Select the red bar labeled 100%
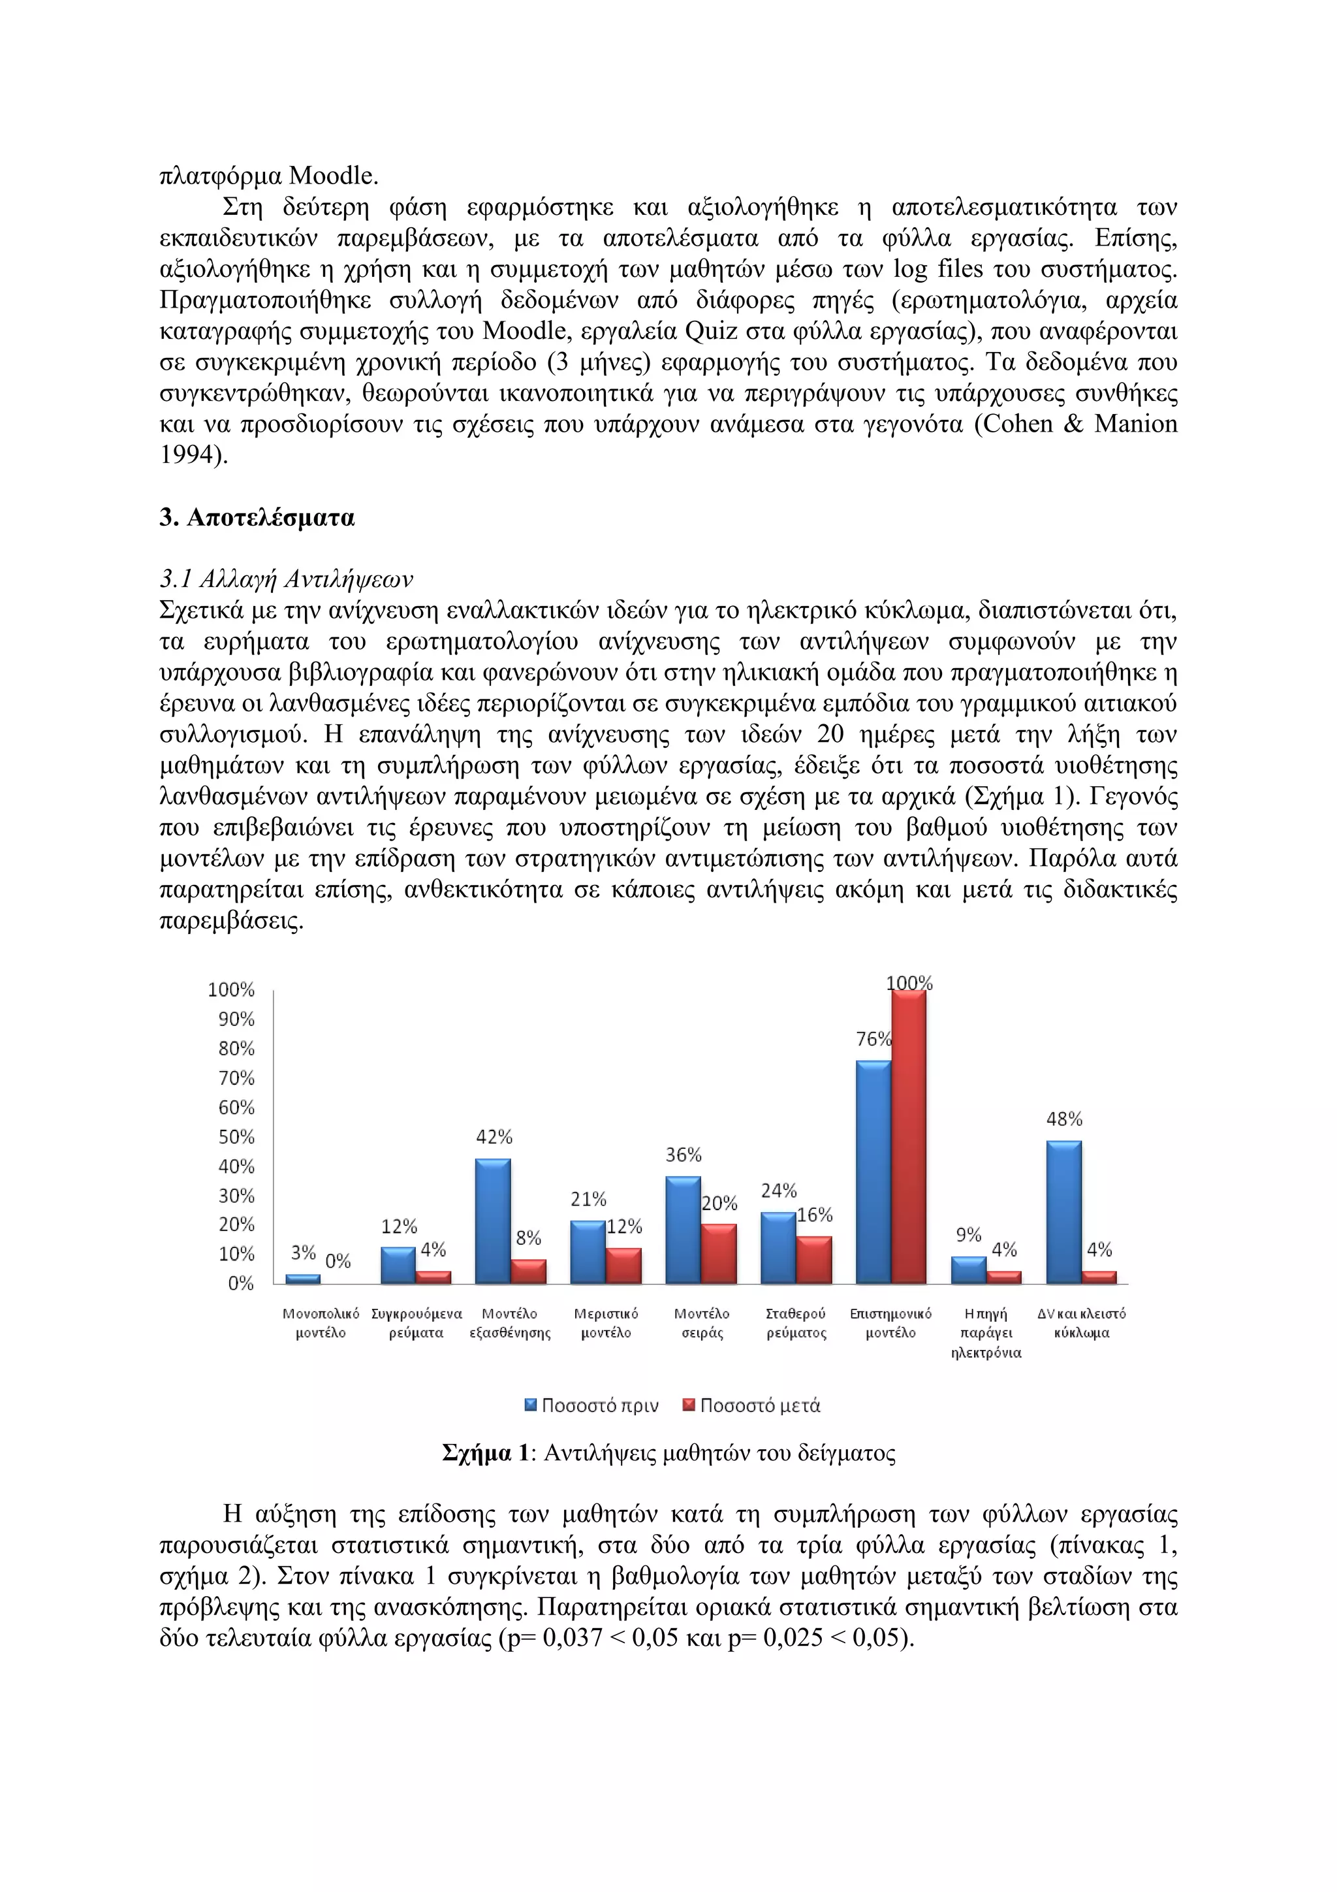(908, 1136)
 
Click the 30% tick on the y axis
(236, 1196)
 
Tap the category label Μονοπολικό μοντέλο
(321, 1323)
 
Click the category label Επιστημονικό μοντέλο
(890, 1323)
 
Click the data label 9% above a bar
(969, 1235)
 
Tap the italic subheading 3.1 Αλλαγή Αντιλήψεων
(286, 580)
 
